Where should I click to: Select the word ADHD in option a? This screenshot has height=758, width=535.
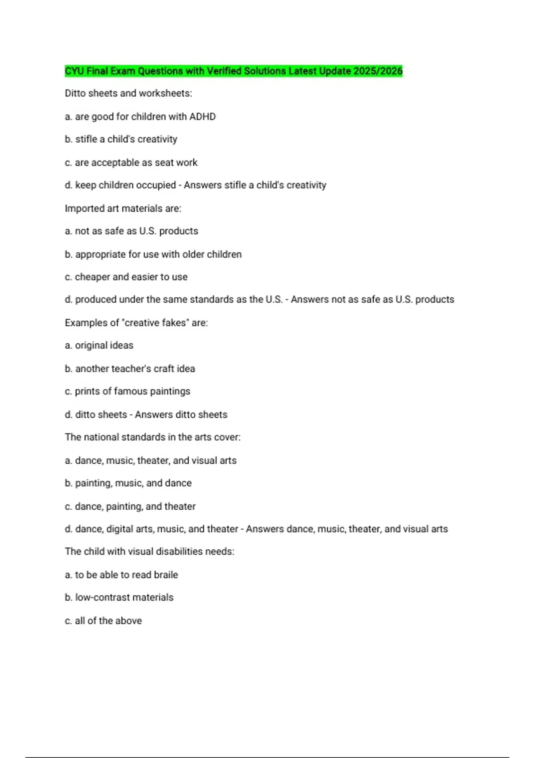tap(202, 117)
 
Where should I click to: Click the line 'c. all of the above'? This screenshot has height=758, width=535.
tap(103, 621)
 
